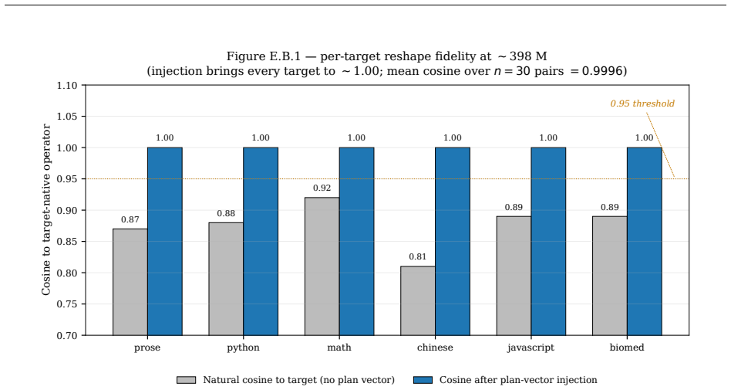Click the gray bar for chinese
pyautogui.click(x=418, y=300)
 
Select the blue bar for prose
pyautogui.click(x=164, y=242)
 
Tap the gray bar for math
pyautogui.click(x=322, y=266)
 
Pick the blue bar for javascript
pyautogui.click(x=548, y=242)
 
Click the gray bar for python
pyautogui.click(x=226, y=279)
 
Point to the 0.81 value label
pyautogui.click(x=418, y=256)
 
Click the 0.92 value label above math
pyautogui.click(x=322, y=188)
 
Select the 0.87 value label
pyautogui.click(x=130, y=219)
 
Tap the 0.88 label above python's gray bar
pyautogui.click(x=226, y=213)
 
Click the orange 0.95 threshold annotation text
pyautogui.click(x=642, y=103)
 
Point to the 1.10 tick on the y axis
pyautogui.click(x=66, y=86)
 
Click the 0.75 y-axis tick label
pyautogui.click(x=66, y=304)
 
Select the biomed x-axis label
pyautogui.click(x=627, y=348)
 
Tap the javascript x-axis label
pyautogui.click(x=531, y=348)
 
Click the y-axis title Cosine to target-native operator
pyautogui.click(x=46, y=210)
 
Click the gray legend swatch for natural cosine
pyautogui.click(x=186, y=380)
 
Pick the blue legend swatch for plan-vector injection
pyautogui.click(x=423, y=380)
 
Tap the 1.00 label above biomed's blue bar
pyautogui.click(x=645, y=137)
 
